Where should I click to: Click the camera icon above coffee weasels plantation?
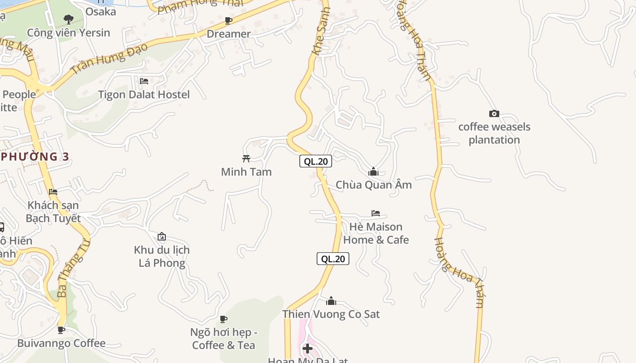494,114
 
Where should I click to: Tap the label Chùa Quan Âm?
373,185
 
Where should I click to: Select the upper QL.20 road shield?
315,161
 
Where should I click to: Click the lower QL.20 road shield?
333,259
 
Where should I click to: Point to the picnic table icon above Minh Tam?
246,158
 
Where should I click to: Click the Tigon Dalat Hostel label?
144,94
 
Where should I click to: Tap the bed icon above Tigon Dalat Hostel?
144,81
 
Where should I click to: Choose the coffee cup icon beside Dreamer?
229,20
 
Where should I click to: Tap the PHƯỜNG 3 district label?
35,157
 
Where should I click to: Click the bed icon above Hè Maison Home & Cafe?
376,213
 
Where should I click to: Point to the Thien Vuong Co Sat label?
331,314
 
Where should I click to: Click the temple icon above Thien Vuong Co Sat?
331,301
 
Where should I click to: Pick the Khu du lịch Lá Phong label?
162,256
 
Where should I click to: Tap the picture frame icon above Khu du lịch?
161,236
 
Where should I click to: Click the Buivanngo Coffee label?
61,343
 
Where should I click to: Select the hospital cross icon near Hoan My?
308,348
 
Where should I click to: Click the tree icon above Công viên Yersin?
69,20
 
